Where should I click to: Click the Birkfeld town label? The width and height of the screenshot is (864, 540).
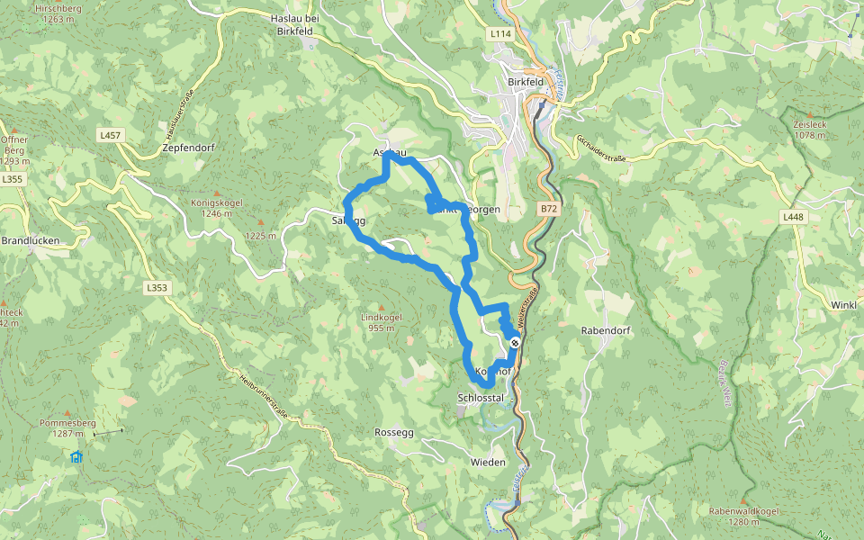coord(526,82)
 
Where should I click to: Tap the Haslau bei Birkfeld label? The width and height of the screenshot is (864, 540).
coord(295,23)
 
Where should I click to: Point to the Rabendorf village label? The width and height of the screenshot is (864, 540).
coord(606,330)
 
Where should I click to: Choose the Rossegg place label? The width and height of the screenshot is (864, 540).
coord(393,432)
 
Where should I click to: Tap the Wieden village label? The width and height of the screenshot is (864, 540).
coord(488,462)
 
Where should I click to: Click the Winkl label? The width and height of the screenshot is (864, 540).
coord(843,305)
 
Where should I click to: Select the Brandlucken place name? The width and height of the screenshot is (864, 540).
coord(30,241)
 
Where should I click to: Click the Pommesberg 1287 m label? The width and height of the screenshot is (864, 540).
coord(67,427)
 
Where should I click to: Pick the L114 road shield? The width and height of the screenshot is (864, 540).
coord(500,34)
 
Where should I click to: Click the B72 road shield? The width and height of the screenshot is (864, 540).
coord(549,209)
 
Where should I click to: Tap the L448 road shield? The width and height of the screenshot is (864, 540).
coord(792,217)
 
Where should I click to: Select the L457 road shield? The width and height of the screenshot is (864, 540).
coord(110,135)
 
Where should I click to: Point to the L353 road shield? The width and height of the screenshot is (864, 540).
coord(157,288)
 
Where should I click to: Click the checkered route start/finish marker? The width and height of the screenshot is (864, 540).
coord(514,343)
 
